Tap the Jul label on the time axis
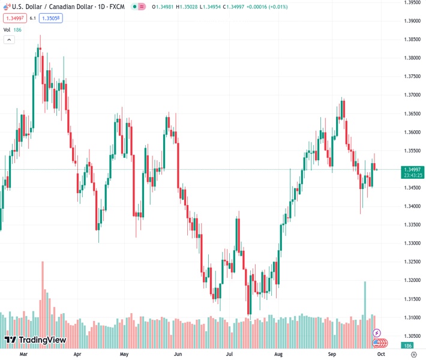point(229,355)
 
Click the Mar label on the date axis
point(24,355)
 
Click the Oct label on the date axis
point(380,355)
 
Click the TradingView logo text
point(41,340)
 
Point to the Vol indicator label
point(7,29)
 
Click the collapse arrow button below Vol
point(9,40)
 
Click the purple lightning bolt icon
point(377,333)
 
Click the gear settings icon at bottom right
point(414,355)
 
